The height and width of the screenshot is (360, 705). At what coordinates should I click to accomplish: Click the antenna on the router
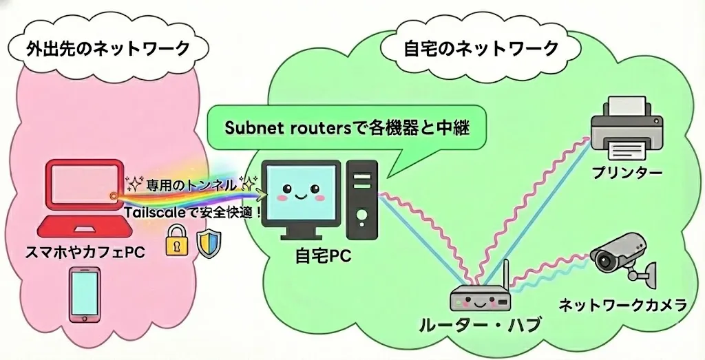(x=505, y=275)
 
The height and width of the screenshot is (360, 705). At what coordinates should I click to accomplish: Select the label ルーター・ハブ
(x=480, y=324)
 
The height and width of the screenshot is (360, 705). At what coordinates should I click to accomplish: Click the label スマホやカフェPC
(x=83, y=253)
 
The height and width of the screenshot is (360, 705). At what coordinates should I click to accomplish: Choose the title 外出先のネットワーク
(x=107, y=48)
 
